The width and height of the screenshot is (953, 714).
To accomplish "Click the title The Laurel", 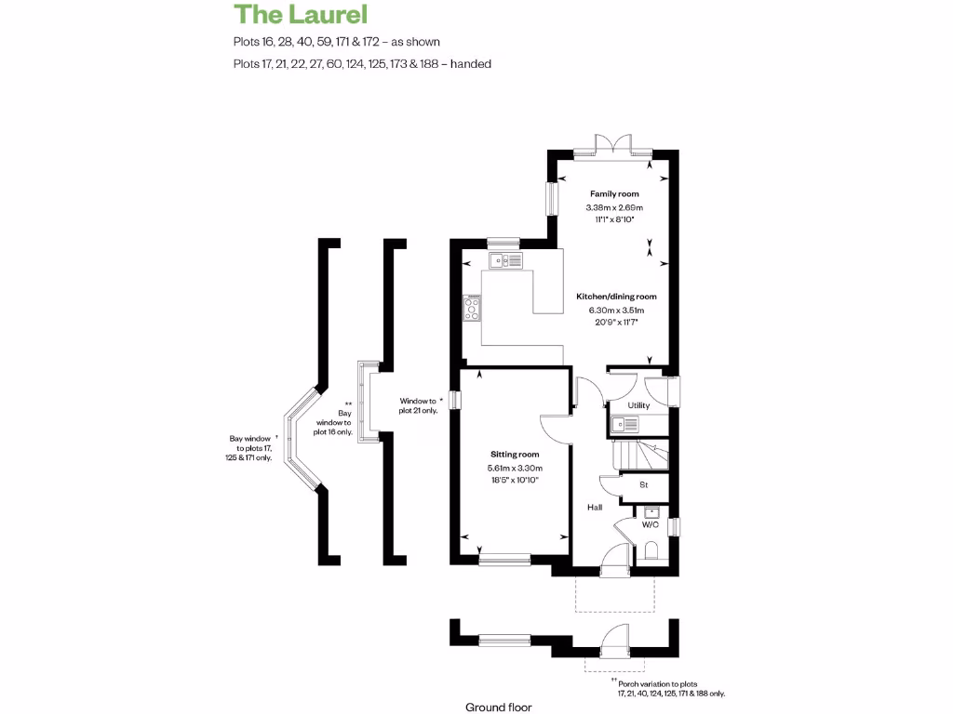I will pyautogui.click(x=301, y=15).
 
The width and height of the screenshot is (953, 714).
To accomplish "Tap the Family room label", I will pyautogui.click(x=613, y=193).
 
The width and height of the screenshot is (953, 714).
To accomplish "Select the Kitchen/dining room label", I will pyautogui.click(x=623, y=296).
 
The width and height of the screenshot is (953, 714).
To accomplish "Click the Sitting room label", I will pyautogui.click(x=516, y=455).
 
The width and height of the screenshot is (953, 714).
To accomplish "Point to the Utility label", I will pyautogui.click(x=638, y=405).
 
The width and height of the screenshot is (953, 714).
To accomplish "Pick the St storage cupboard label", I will pyautogui.click(x=643, y=484).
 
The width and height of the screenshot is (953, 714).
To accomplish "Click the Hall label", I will pyautogui.click(x=594, y=508).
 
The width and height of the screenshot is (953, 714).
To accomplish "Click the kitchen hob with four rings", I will pyautogui.click(x=473, y=308).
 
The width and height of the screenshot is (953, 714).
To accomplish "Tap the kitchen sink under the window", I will pyautogui.click(x=507, y=260).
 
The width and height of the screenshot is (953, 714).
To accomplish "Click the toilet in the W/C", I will pyautogui.click(x=651, y=549).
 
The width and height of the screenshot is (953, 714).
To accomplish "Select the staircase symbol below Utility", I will pyautogui.click(x=639, y=456).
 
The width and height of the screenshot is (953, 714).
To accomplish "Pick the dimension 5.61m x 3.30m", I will pyautogui.click(x=516, y=468).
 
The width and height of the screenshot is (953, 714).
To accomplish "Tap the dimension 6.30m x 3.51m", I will pyautogui.click(x=615, y=310).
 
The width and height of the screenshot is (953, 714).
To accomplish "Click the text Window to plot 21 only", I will pyautogui.click(x=418, y=405).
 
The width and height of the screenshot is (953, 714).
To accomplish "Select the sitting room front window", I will pyautogui.click(x=504, y=560).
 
